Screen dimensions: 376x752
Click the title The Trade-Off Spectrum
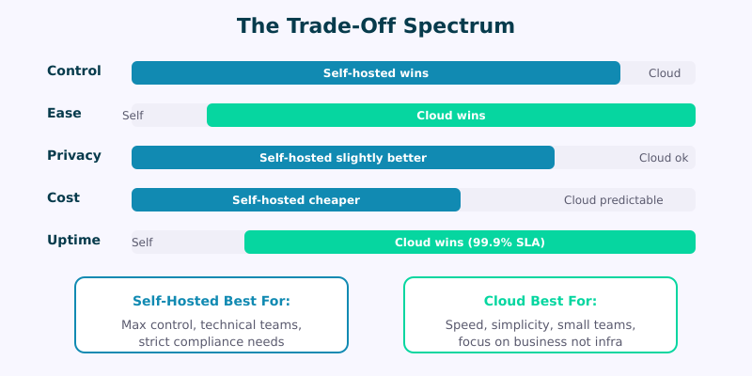point(376,25)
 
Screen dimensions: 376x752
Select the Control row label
point(74,70)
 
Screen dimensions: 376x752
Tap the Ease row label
point(64,113)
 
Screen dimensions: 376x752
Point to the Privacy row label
point(74,155)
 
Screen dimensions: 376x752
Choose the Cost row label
point(64,197)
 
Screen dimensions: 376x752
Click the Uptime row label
point(73,240)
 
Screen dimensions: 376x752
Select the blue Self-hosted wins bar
point(376,73)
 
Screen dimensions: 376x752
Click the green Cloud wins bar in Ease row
point(451,116)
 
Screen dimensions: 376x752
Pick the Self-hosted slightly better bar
point(343,158)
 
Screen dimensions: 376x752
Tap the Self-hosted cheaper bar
point(296,200)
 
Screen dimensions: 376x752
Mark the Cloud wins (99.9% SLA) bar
point(470,243)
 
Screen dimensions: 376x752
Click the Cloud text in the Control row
point(665,73)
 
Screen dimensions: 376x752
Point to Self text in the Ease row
point(133,116)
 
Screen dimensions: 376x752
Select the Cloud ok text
point(664,158)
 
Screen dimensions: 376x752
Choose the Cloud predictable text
point(613,200)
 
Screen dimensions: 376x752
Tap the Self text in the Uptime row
point(142,243)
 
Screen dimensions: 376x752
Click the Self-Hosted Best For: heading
point(211,302)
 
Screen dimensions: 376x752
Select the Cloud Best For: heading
point(540,302)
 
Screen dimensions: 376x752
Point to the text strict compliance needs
point(211,342)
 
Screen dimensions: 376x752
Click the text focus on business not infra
point(540,342)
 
